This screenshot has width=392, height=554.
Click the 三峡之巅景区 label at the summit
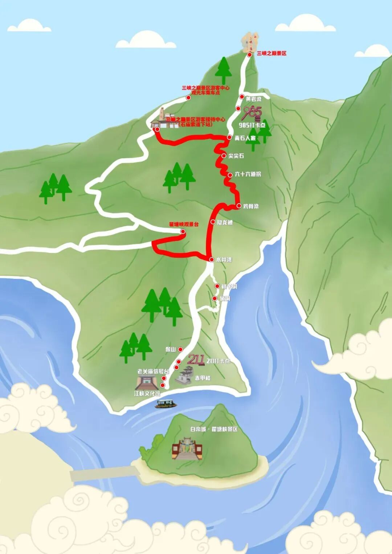coord(271,53)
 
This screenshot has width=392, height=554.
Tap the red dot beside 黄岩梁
coord(242,97)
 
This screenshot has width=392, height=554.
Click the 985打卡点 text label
coord(252,125)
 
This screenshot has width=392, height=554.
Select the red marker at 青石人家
coord(229,138)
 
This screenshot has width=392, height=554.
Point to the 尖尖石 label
coord(236,156)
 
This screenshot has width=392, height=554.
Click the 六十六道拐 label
coord(248,174)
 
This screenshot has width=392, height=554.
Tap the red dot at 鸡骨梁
coord(239,206)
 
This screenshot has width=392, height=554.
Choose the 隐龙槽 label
coord(225,222)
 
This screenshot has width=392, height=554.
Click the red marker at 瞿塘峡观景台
coord(183,231)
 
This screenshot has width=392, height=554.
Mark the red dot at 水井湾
coord(212,259)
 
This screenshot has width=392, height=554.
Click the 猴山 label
coord(170,349)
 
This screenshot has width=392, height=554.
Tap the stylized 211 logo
coord(196,360)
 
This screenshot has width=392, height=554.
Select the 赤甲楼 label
coord(203,378)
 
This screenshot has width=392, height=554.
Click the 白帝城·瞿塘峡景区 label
coord(214,429)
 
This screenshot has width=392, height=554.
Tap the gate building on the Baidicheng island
coord(187,450)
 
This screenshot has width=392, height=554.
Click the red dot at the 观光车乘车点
coord(188,98)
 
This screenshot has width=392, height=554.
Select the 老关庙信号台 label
coord(153,372)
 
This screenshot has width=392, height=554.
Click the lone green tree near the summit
coord(223,70)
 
